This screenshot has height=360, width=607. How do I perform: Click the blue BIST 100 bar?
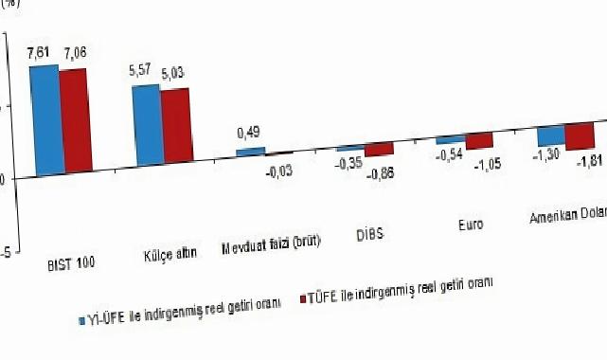[x=45, y=120]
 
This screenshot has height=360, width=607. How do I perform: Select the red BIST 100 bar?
[x=73, y=122]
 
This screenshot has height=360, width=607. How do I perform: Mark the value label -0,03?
[x=278, y=171]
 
